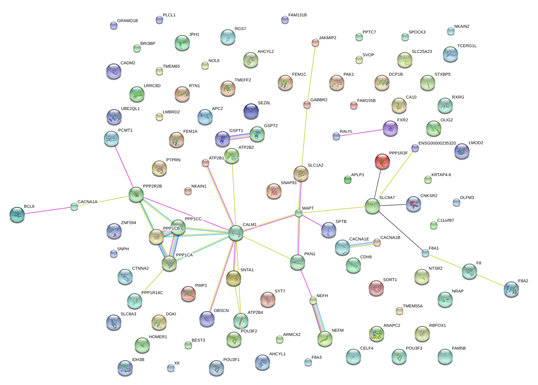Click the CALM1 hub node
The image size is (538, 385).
[x=236, y=233]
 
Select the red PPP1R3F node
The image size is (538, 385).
[x=382, y=161]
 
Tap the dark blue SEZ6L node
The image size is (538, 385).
[x=251, y=111]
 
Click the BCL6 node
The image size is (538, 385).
[x=17, y=215]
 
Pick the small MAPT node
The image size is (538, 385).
[x=299, y=213]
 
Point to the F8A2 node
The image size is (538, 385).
[x=511, y=289]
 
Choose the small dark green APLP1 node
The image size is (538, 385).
[x=347, y=180]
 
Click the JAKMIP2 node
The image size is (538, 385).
[x=315, y=43]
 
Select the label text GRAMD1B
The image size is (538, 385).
[x=127, y=21]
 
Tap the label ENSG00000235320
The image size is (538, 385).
[x=437, y=143]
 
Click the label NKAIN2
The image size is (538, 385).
[x=462, y=26]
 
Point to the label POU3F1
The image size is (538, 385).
[x=231, y=360]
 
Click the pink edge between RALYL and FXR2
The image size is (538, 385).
[x=361, y=133]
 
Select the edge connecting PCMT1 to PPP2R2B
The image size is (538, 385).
[x=124, y=167]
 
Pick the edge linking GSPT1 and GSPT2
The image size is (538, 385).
[x=240, y=137]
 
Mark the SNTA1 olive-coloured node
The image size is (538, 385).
[x=234, y=278]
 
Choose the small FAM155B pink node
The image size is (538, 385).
[x=353, y=105]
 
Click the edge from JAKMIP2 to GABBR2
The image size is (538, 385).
[x=311, y=74]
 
